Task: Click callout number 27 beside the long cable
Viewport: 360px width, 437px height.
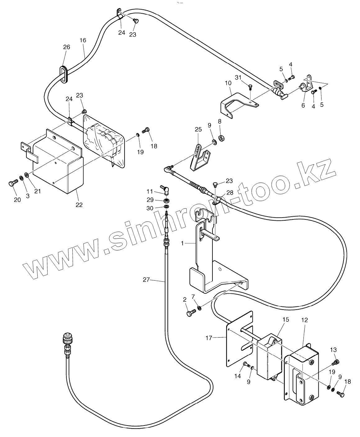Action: point(146,279)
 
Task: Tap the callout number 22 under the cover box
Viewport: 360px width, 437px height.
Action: point(79,205)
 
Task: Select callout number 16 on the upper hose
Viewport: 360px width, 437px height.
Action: point(83,40)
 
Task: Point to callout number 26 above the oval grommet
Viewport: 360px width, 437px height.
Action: point(66,47)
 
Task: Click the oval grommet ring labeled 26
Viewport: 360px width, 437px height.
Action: point(64,75)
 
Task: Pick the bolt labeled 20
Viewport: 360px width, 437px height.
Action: point(12,184)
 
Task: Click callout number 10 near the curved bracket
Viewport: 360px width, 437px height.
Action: point(228,83)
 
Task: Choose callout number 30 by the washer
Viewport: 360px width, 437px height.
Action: point(150,208)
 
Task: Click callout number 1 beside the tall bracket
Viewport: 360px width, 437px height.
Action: point(182,243)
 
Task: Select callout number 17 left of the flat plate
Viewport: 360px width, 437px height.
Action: point(209,338)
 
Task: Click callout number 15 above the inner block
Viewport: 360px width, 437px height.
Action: point(285,319)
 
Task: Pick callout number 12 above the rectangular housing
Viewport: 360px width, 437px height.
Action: point(304,320)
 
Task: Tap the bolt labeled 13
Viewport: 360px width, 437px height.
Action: point(335,362)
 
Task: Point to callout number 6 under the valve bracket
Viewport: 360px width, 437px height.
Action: point(303,105)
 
